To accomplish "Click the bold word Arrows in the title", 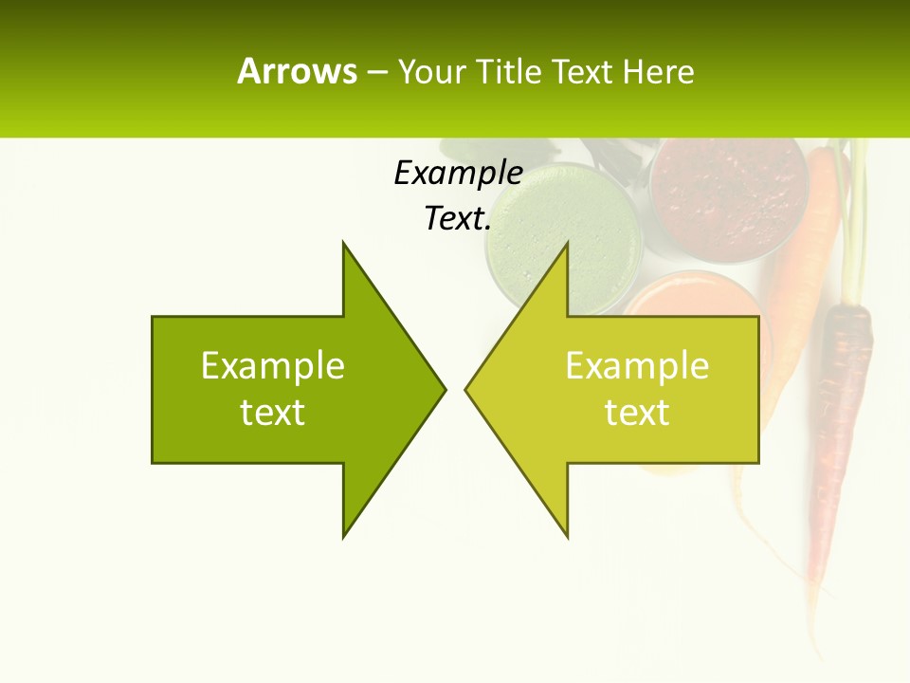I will [x=297, y=71].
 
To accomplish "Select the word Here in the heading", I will [x=658, y=72].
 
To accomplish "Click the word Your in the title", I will [x=429, y=72].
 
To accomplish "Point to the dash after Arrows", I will [x=376, y=72].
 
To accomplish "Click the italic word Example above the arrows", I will [x=458, y=173].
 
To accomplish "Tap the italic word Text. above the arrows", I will [x=458, y=218].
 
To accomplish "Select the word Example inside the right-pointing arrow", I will [x=273, y=365].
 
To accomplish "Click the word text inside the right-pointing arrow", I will [x=273, y=413].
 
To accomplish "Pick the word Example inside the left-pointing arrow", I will [x=637, y=365].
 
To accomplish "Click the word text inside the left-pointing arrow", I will [x=637, y=413].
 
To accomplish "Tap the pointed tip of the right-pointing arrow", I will [x=445, y=389].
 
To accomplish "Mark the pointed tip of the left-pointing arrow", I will [x=465, y=389].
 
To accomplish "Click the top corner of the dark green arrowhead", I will [x=343, y=242].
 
